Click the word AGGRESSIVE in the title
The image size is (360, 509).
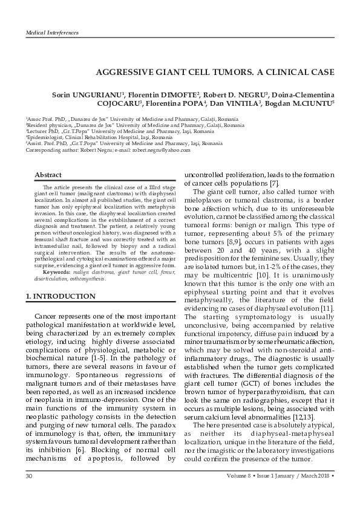pyautogui.click(x=123, y=72)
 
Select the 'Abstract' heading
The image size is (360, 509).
pyautogui.click(x=48, y=175)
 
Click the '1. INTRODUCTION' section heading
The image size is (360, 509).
pyautogui.click(x=60, y=297)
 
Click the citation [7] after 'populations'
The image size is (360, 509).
pyautogui.click(x=274, y=183)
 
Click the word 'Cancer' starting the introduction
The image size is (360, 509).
pyautogui.click(x=47, y=317)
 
